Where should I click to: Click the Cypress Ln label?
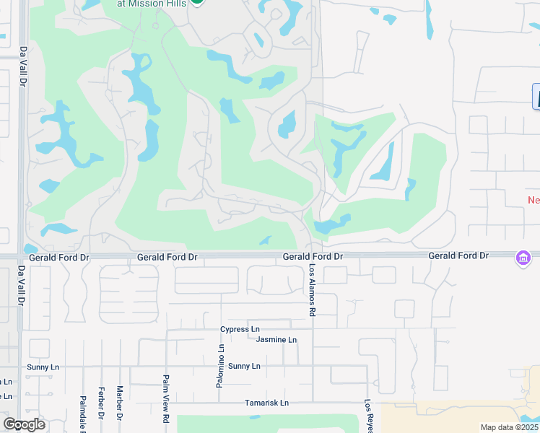point(240,330)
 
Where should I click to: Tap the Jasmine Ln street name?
point(276,340)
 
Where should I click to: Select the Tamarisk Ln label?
point(266,403)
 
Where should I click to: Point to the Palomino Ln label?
point(220,366)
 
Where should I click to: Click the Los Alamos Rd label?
point(313,290)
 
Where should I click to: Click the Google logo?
point(24,424)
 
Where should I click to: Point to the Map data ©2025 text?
point(509,427)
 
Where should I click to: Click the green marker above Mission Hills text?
point(197,1)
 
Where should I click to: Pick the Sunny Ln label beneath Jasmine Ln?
point(244,366)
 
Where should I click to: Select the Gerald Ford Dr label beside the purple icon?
point(458,256)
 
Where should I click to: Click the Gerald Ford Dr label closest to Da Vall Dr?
point(58,257)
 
